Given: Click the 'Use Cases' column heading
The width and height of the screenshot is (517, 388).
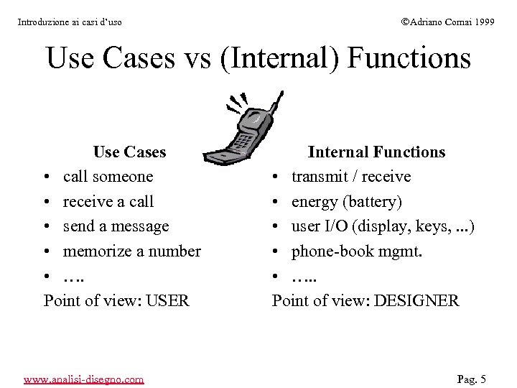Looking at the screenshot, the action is click(x=129, y=152).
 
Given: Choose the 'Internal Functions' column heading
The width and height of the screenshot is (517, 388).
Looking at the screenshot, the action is click(x=376, y=152).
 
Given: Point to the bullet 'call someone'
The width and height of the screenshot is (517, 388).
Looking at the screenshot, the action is click(x=108, y=177).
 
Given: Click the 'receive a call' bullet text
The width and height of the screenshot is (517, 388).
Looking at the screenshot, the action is click(x=108, y=201).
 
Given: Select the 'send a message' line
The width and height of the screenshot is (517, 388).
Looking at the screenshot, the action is click(x=116, y=226).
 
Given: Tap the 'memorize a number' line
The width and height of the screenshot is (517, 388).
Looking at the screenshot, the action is click(x=131, y=251).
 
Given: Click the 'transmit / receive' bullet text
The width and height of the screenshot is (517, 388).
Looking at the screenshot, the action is click(x=350, y=177).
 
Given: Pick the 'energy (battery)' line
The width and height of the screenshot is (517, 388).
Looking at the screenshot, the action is click(x=346, y=201).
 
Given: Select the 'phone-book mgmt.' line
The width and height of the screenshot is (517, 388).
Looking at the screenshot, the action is click(x=356, y=251).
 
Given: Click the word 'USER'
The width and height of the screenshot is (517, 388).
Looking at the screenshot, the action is click(x=167, y=300).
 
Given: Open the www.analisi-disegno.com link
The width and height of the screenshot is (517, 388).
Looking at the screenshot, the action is click(x=83, y=379).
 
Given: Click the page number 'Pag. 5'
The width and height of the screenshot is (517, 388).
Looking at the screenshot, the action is click(x=472, y=379).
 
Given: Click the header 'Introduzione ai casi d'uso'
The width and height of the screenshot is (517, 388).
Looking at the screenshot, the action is click(x=70, y=22).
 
